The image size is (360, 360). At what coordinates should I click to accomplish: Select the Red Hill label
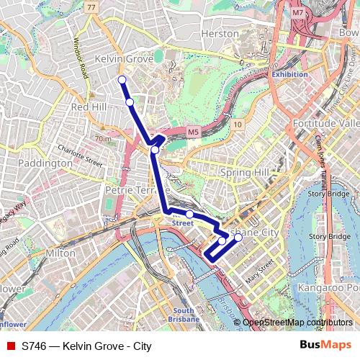(89, 107)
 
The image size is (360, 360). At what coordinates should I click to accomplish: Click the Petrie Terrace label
(129, 191)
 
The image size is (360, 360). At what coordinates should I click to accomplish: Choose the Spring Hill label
(244, 173)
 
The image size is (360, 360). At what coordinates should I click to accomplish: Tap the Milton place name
(60, 253)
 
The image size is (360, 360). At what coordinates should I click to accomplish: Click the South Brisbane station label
(183, 315)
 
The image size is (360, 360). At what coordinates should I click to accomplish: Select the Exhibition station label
(289, 74)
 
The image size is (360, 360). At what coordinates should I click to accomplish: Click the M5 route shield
(192, 132)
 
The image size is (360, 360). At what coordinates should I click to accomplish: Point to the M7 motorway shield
(298, 13)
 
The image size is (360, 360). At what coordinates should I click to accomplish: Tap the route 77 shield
(90, 7)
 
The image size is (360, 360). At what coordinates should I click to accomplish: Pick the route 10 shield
(237, 125)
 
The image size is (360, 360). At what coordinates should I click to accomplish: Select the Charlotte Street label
(81, 155)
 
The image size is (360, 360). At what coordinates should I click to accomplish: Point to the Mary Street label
(261, 271)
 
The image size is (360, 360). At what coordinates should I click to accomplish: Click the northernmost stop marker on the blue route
(122, 80)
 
